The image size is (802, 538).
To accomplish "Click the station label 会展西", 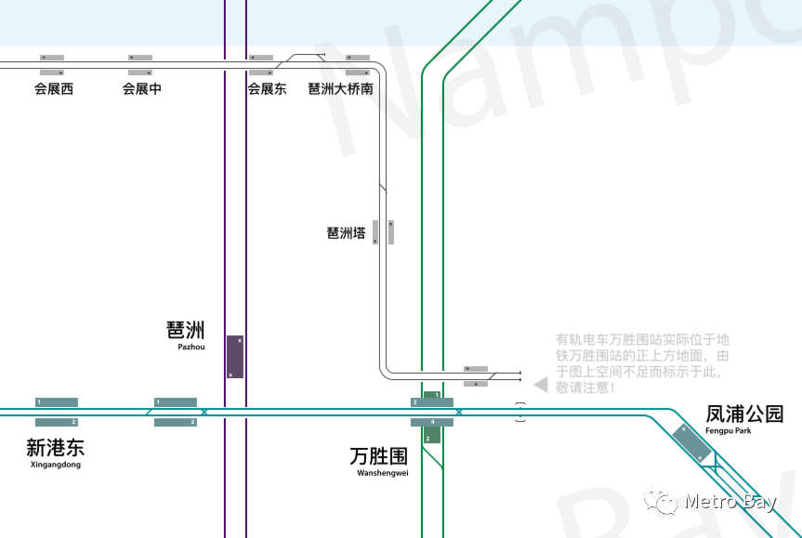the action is click(x=53, y=89).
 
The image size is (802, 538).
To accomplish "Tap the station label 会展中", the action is click(x=141, y=89).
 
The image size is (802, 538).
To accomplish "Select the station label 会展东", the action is click(x=267, y=89).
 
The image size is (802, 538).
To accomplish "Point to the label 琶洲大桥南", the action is click(x=341, y=89).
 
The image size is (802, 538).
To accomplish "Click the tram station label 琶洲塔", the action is click(x=346, y=233).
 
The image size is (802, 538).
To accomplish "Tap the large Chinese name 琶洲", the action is click(x=185, y=330).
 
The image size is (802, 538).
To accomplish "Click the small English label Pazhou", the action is click(x=191, y=348).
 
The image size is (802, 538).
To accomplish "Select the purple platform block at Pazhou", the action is click(x=235, y=357).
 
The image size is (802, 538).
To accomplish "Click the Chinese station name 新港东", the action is click(x=55, y=447).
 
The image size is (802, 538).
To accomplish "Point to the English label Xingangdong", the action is click(x=56, y=465).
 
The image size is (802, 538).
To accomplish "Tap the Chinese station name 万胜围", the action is click(x=379, y=456).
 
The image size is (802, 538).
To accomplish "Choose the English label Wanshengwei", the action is click(x=383, y=473).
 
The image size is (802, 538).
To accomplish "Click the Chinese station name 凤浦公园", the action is click(x=744, y=413).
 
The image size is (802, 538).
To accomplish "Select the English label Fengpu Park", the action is click(x=729, y=431).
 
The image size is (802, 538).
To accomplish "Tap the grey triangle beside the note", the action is click(x=540, y=384).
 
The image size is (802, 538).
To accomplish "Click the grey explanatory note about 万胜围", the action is click(x=641, y=362).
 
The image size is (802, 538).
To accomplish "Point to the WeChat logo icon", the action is click(x=667, y=503).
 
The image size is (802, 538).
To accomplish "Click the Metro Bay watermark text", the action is click(x=730, y=503).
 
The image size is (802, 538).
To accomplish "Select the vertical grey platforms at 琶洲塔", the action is click(x=384, y=231).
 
